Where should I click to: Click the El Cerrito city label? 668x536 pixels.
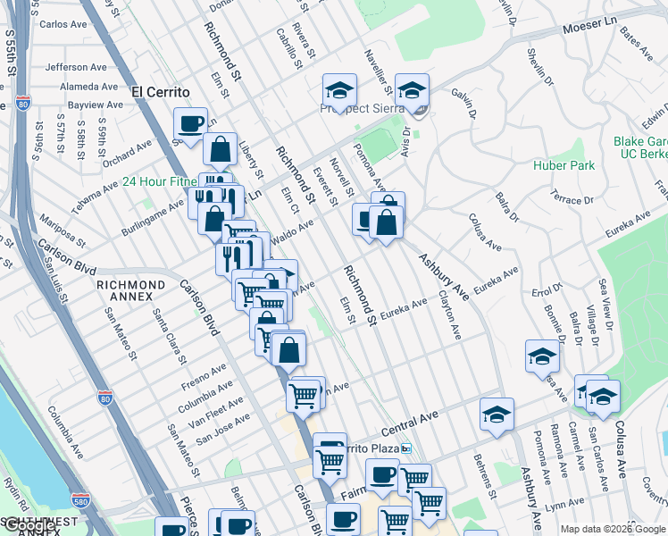pos(161,92)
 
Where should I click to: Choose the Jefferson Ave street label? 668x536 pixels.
pos(79,67)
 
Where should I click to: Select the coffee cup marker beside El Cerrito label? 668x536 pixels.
pos(190,123)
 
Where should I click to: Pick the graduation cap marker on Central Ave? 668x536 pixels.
pos(497,415)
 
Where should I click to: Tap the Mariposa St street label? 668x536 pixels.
pos(62,230)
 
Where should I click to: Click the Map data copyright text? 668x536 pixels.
pos(613,529)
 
